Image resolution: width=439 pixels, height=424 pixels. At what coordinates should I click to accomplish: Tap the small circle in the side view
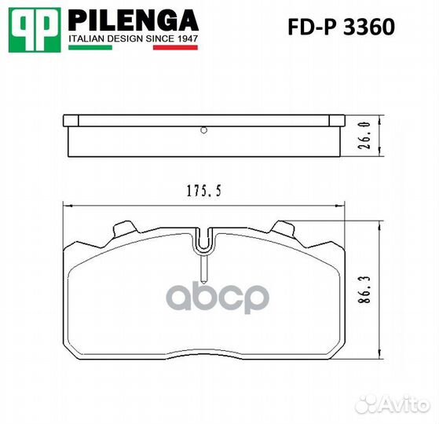tap(203, 130)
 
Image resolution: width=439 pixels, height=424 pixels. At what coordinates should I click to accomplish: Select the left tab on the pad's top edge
tap(123, 230)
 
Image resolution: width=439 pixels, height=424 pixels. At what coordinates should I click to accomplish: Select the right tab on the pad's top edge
tap(283, 230)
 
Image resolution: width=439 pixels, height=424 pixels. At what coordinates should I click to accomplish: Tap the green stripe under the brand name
tap(90, 48)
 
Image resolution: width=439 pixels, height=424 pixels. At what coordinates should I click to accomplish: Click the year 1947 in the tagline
tap(185, 38)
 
